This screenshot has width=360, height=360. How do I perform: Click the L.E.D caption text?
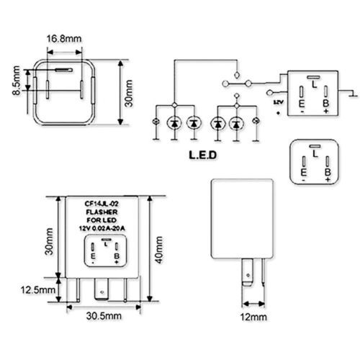tap(203, 154)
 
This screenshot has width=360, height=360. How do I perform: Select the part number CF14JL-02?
tap(103, 203)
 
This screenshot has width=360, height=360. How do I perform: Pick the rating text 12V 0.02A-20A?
tap(103, 228)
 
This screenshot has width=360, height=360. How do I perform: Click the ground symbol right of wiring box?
tap(350, 92)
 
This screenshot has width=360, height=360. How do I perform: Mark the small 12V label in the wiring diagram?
tap(279, 104)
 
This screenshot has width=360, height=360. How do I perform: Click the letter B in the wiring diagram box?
tap(326, 102)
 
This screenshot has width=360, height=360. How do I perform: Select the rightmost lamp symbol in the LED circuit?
tap(257, 124)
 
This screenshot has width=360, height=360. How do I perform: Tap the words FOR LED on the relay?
tap(103, 220)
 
